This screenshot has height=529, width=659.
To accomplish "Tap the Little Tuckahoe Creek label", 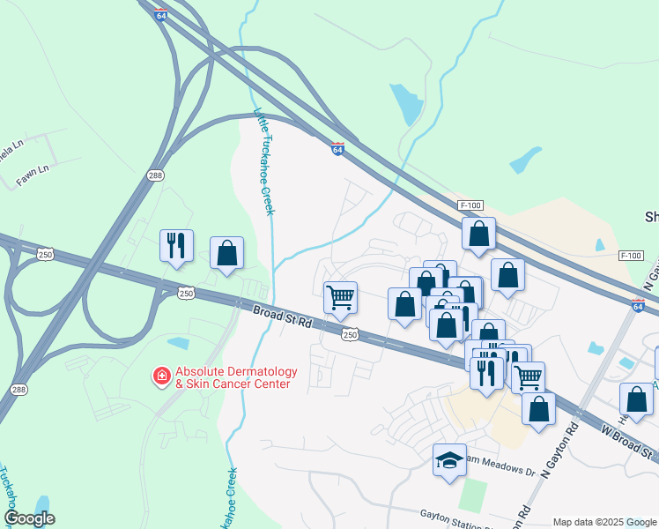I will pos(264,161).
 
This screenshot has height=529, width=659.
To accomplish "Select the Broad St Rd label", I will pos(282,317).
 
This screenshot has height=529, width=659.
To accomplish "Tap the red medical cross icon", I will pos(162,377).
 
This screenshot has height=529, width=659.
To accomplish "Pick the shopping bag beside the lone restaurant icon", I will pos(226,252).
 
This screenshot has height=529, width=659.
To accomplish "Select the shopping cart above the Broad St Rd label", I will pos(339,296).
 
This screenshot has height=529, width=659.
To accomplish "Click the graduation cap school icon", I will pos(449,459).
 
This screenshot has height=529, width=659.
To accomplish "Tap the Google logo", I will pos(29,518).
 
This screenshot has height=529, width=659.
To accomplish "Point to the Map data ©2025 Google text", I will pos(604,522).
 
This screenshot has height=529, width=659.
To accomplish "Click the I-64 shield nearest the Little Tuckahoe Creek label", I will pos(337,150).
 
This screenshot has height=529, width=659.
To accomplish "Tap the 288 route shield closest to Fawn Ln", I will pos(155,175).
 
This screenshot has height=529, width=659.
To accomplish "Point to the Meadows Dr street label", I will pos(506,472).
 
